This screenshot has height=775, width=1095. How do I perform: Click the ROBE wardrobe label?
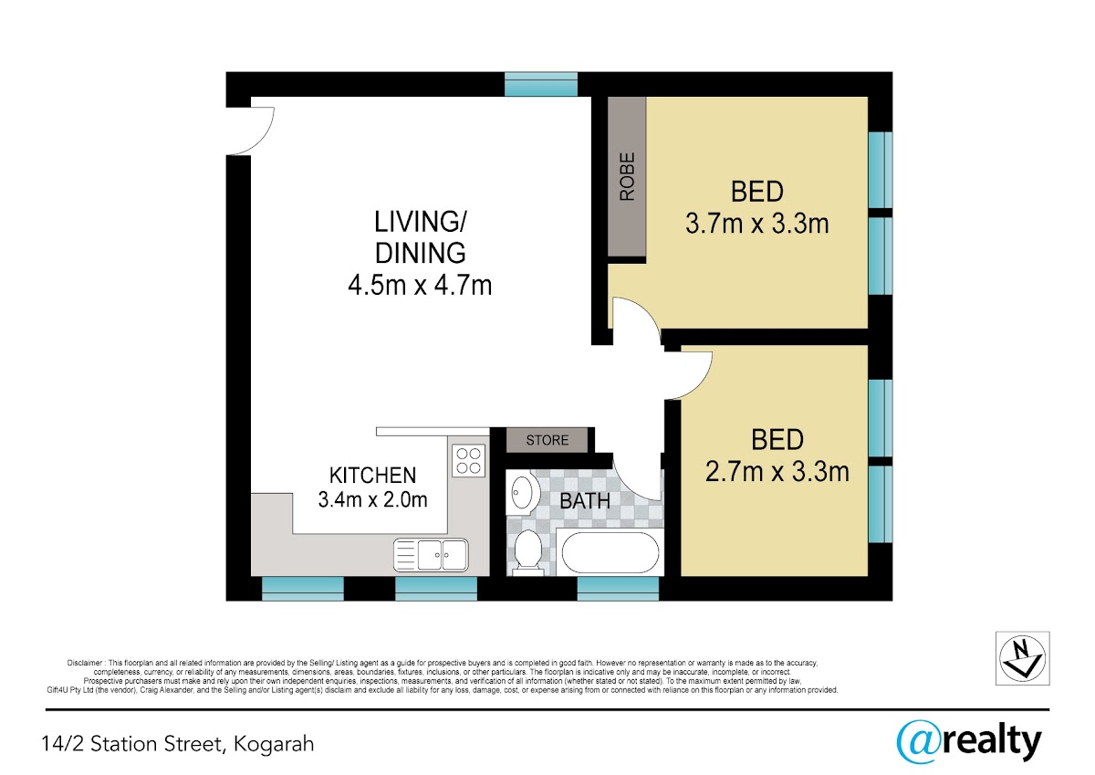point(627,176)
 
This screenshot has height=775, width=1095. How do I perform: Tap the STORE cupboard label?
point(547,440)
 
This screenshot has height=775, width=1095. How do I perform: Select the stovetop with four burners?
point(468,461)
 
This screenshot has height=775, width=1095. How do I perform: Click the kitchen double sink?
point(431,555)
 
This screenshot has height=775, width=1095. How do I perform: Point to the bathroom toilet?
point(528,552)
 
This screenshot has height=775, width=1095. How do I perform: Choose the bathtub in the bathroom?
point(610,552)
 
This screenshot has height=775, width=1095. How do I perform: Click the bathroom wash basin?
point(523,493)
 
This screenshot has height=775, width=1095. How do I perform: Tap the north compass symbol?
point(1023,658)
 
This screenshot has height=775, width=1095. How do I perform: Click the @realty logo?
point(969,741)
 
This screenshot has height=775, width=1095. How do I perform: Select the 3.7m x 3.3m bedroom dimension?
point(756,224)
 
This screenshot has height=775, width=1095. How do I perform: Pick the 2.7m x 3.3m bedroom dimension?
point(777,472)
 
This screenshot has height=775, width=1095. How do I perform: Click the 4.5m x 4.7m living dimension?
point(420,285)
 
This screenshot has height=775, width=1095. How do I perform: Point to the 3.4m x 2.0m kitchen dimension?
point(372,499)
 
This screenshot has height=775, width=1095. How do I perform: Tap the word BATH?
point(585,501)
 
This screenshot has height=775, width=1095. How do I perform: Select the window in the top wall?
point(540,84)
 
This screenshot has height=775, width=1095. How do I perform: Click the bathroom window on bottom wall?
point(618,588)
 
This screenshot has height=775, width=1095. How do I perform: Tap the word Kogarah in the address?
point(274,744)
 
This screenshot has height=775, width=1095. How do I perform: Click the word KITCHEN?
point(372,476)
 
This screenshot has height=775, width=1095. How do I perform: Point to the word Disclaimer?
point(85,663)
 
